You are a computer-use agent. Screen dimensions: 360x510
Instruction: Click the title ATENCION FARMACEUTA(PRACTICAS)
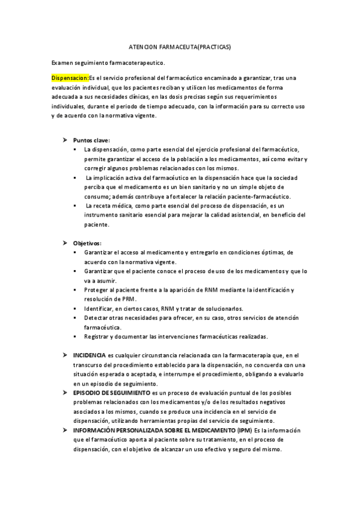click(x=180, y=46)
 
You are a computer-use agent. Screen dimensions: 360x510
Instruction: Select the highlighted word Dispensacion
click(x=70, y=78)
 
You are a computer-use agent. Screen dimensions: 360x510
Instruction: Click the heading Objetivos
click(x=88, y=243)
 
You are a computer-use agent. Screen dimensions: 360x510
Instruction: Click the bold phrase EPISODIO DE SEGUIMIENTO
click(x=112, y=393)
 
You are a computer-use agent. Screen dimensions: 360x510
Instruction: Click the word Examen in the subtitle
click(x=63, y=62)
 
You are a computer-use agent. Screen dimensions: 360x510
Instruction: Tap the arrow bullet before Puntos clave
click(x=66, y=140)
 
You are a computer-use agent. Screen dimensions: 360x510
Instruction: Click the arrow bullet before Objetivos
click(x=66, y=243)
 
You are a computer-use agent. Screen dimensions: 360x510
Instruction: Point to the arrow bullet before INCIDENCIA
click(x=66, y=355)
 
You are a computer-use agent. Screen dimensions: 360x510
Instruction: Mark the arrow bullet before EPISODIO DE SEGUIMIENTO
click(x=66, y=393)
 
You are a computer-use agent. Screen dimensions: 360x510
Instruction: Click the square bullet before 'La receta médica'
click(x=75, y=206)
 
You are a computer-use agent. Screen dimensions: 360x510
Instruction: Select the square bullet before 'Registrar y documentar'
click(x=75, y=337)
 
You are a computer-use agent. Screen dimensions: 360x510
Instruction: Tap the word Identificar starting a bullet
click(x=99, y=309)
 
